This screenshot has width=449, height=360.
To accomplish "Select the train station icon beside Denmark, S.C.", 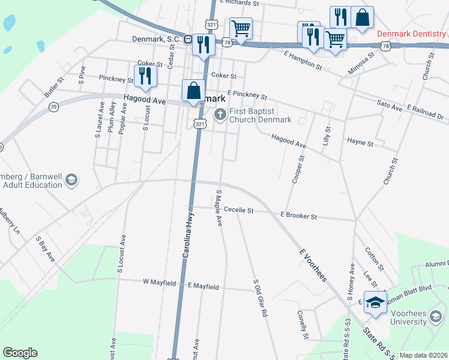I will click(188, 40).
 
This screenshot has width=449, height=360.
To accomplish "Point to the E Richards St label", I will click(239, 3).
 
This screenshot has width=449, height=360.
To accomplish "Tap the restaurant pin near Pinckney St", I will click(145, 76).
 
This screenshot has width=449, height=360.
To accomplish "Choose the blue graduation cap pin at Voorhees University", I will click(376, 303).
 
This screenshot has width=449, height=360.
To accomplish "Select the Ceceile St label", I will click(239, 211).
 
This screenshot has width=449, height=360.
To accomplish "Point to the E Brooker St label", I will click(298, 215).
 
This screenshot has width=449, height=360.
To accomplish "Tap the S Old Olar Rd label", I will click(259, 298).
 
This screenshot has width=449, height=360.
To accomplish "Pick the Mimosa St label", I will click(362, 64).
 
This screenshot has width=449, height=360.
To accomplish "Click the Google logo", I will click(20, 353).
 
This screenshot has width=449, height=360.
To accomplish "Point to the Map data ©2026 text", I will click(423, 355).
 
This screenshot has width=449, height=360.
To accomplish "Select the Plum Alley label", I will click(112, 117).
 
